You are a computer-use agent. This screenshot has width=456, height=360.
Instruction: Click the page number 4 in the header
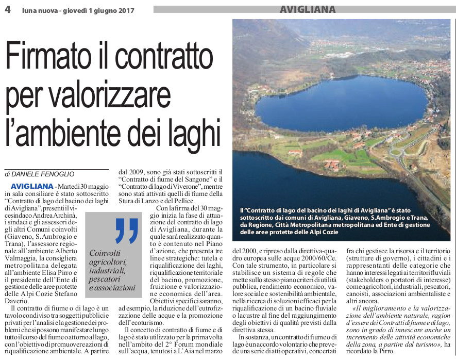[8, 9]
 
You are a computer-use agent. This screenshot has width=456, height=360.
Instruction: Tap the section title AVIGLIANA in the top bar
[308, 9]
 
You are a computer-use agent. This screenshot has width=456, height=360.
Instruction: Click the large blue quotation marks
[126, 230]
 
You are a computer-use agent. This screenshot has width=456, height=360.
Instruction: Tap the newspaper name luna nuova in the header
[37, 10]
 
